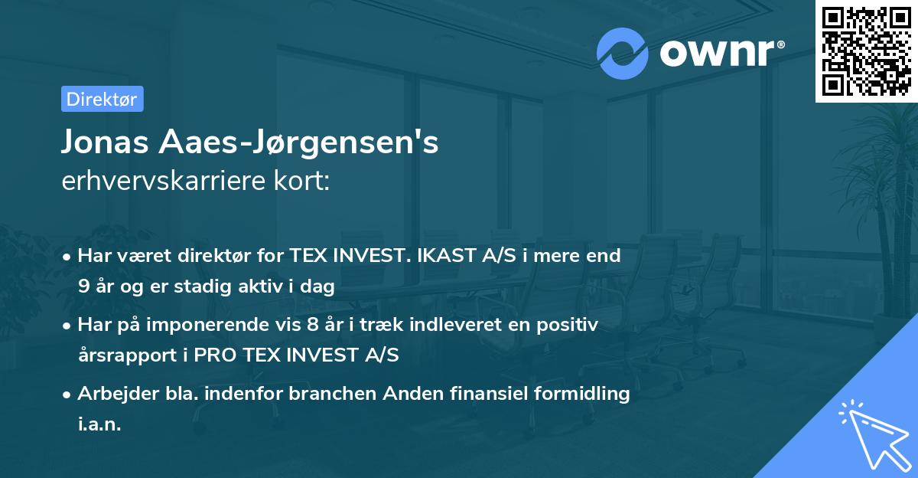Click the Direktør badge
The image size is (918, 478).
pos(102,99)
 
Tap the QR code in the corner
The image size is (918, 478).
pos(866,51)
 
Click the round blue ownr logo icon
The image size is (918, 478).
pos(622,54)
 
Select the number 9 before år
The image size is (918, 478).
pos(83,287)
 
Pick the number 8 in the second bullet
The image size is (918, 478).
pos(313,325)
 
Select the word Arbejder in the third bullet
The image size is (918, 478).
pos(112,394)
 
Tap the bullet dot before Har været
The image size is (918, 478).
pos(69,257)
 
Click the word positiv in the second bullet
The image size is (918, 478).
pos(568,325)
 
